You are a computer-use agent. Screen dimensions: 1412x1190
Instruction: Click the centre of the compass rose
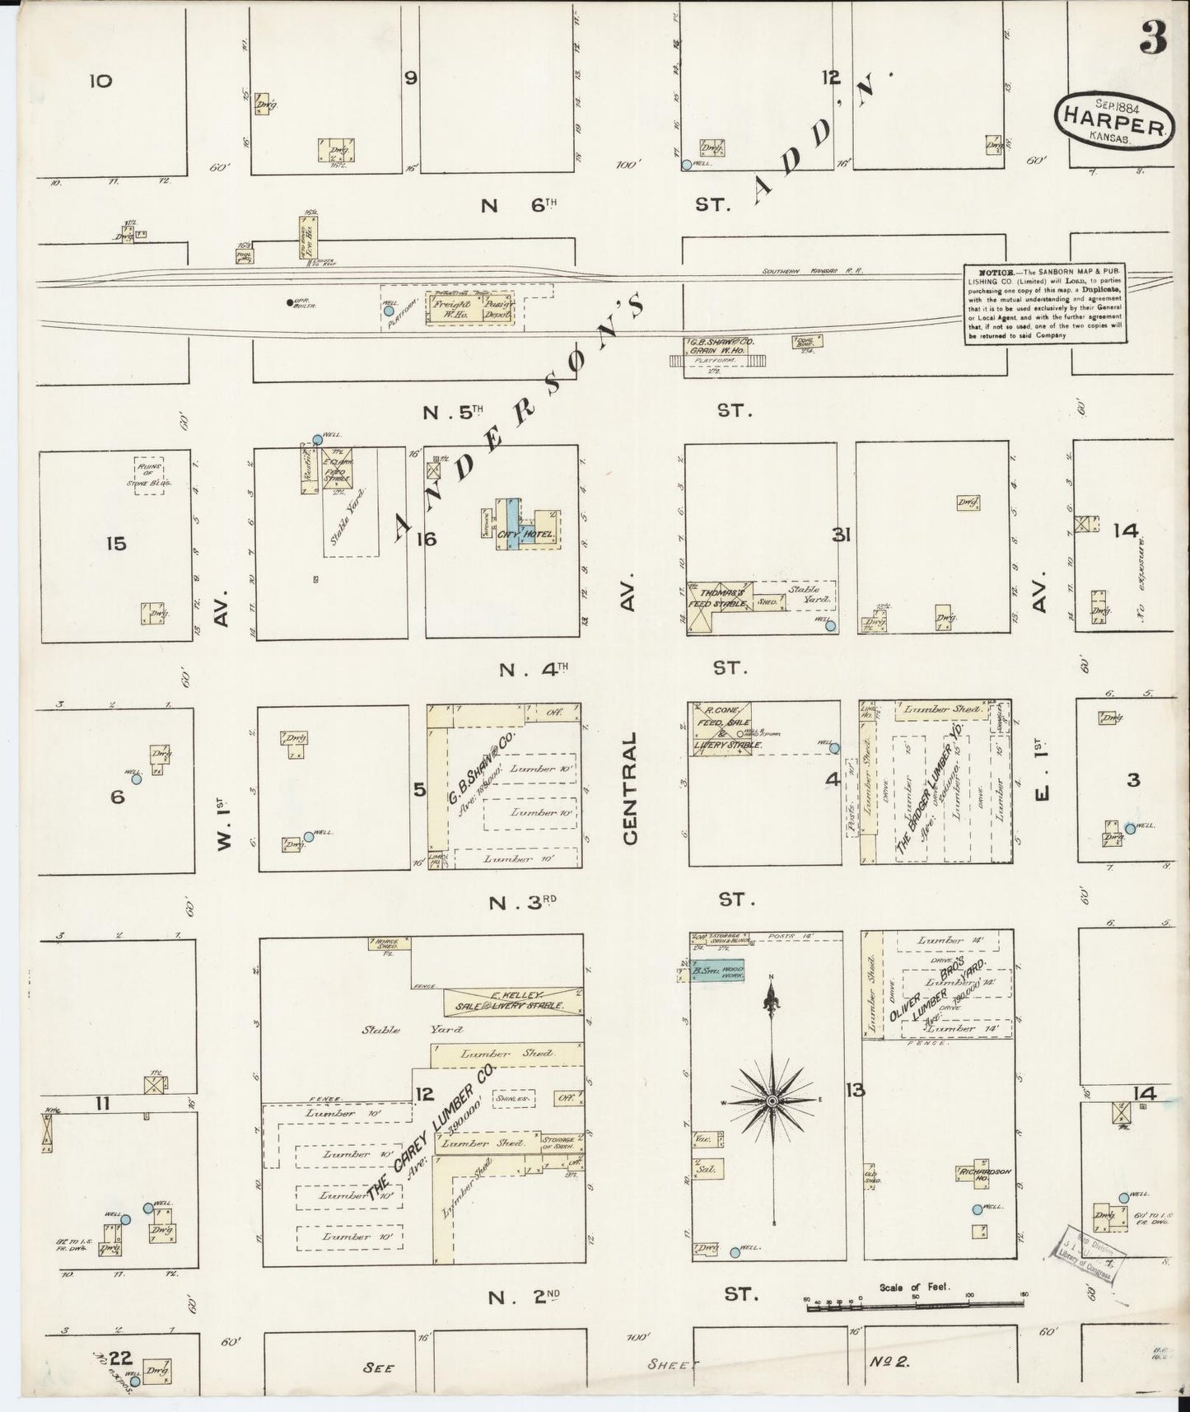772,1101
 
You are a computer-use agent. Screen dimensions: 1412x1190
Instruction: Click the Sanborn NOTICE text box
1045,304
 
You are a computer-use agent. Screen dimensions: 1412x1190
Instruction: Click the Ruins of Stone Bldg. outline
150,475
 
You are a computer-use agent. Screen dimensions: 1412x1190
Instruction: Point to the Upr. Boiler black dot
289,302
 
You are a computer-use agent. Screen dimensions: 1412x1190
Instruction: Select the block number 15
116,544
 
